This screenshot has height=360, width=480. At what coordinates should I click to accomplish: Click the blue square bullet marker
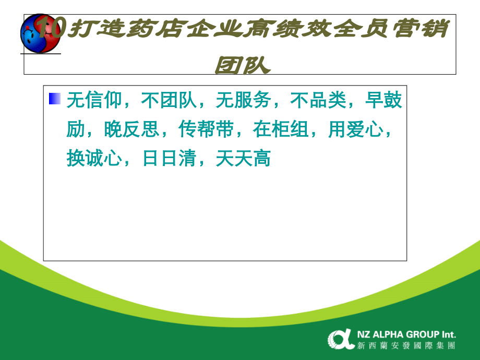click(x=55, y=99)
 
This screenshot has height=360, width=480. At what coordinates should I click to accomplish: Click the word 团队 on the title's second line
click(x=243, y=65)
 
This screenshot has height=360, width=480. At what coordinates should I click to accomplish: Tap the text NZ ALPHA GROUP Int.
click(x=406, y=334)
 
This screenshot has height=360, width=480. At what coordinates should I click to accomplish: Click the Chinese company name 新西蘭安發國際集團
click(x=406, y=345)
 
